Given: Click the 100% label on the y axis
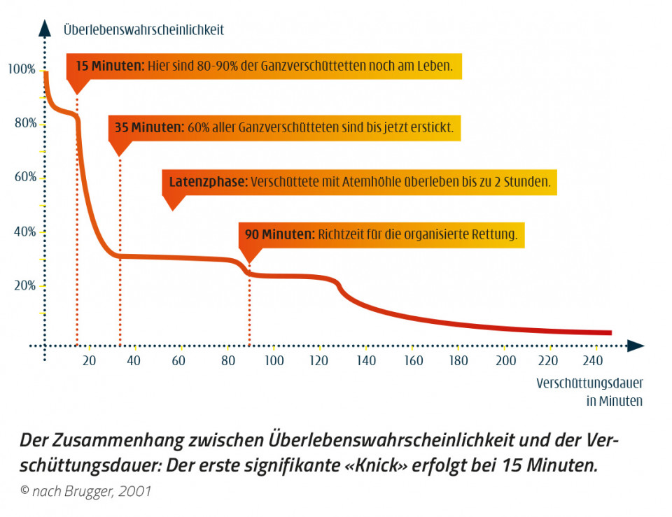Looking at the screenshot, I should [x=21, y=69].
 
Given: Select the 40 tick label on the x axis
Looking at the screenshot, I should [x=134, y=361].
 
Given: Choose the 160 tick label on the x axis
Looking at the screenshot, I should [x=414, y=361].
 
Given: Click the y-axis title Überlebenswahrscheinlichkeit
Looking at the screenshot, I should [x=143, y=30].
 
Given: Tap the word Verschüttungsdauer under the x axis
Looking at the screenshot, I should [x=589, y=383].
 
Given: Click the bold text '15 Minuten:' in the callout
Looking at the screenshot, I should [x=109, y=66].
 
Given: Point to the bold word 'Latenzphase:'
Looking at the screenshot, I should [x=208, y=183].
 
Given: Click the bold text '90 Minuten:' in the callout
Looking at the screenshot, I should [x=279, y=234].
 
